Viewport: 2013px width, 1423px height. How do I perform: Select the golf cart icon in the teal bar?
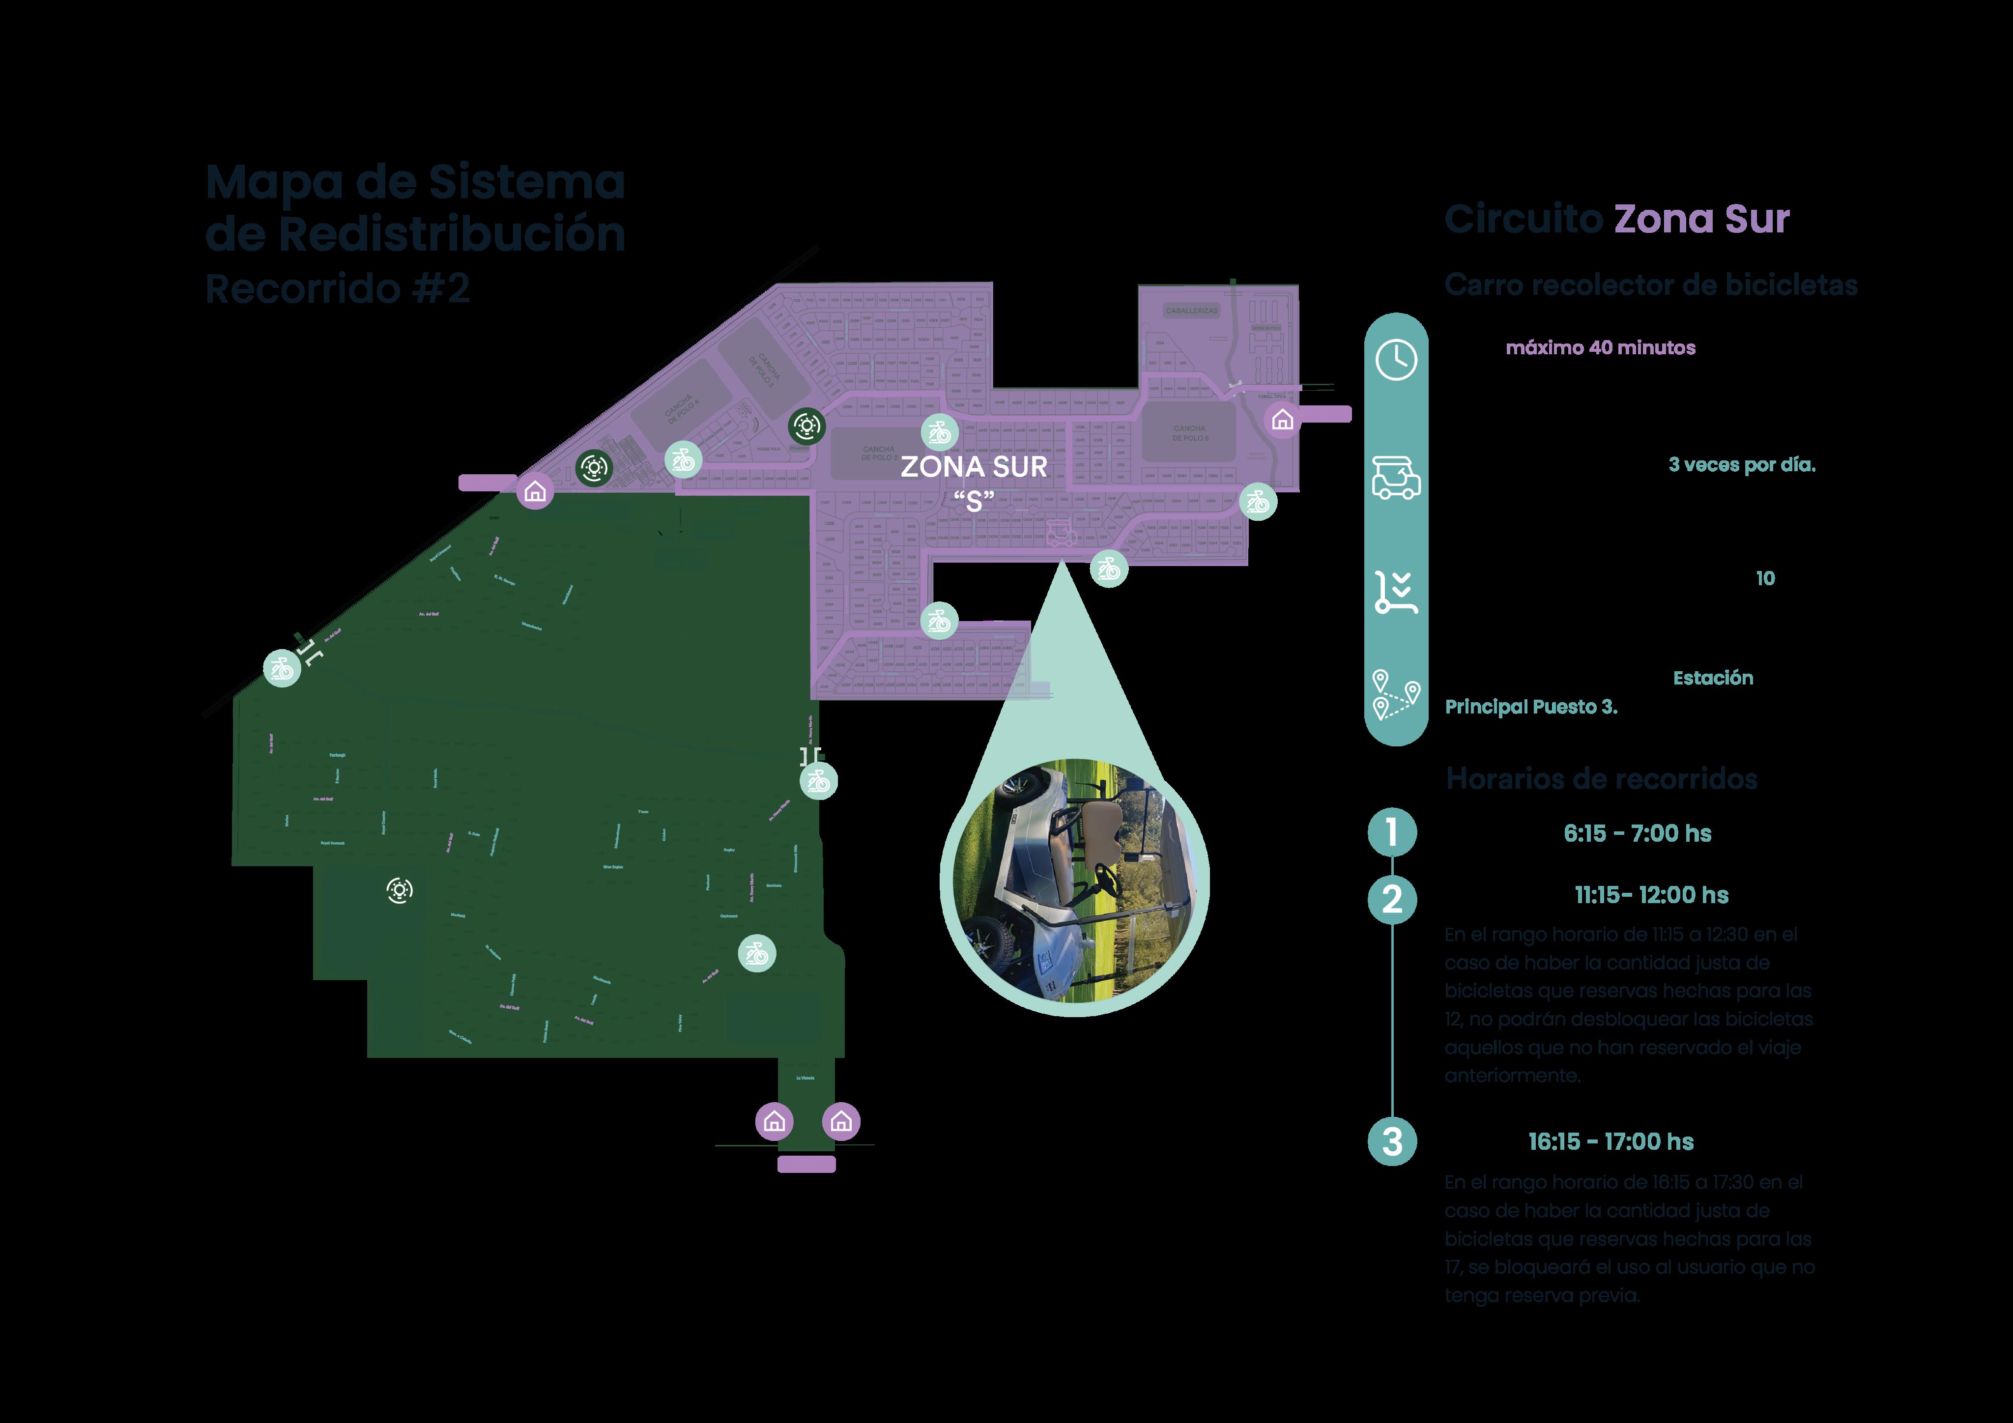1396,478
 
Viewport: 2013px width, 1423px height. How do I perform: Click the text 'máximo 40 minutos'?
1600,348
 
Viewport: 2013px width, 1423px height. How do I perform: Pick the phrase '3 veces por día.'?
1741,465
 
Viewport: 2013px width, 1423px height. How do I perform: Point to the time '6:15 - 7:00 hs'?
1637,833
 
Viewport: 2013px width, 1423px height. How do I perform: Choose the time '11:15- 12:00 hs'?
1651,895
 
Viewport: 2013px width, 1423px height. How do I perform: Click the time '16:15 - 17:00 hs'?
1610,1141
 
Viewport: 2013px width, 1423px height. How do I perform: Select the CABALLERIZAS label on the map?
1191,311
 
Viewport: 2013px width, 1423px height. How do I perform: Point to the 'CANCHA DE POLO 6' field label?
1190,433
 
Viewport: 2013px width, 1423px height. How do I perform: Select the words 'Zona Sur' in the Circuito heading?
1701,219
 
